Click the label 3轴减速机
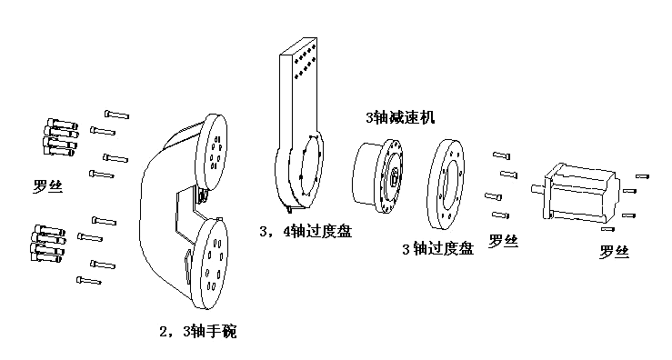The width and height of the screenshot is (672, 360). coord(399,117)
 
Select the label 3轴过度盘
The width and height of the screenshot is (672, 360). coord(437,248)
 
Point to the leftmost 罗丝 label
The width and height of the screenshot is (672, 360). coord(47,188)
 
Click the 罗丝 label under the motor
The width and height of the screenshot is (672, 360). coord(615,252)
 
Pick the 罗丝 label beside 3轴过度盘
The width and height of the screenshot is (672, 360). coord(503,241)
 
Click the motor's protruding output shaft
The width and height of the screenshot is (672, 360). coord(537,189)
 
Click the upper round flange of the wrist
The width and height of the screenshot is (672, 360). coord(215,145)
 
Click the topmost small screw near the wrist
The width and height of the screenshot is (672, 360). coord(116,114)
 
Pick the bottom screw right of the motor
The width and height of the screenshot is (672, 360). coord(633,230)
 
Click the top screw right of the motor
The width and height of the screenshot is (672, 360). coord(641,175)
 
